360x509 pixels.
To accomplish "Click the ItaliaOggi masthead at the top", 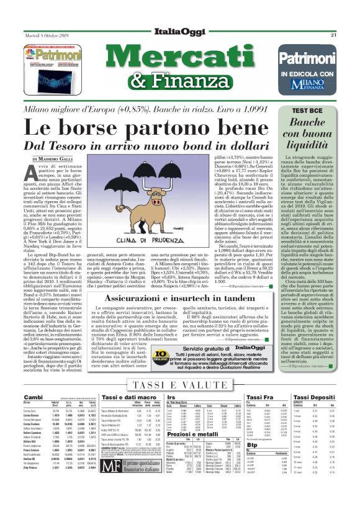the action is point(180,14).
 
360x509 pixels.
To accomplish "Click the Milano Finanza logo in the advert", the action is point(317,81).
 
